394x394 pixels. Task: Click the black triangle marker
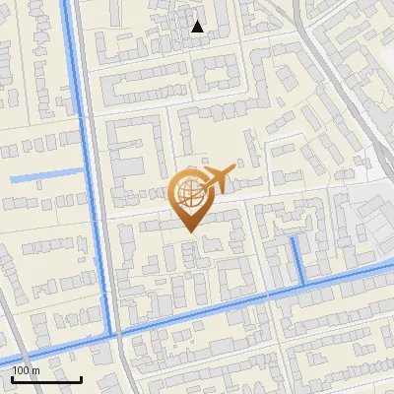point(198,27)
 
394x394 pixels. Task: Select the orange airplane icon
point(217,179)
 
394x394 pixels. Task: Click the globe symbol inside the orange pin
point(188,194)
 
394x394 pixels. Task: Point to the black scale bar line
point(46,379)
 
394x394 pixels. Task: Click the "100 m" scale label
point(26,370)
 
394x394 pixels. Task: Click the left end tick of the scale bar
point(12,378)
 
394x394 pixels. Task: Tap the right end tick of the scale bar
point(81,378)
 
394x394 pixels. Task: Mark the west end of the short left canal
point(11,179)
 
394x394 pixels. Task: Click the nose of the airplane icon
point(234,169)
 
